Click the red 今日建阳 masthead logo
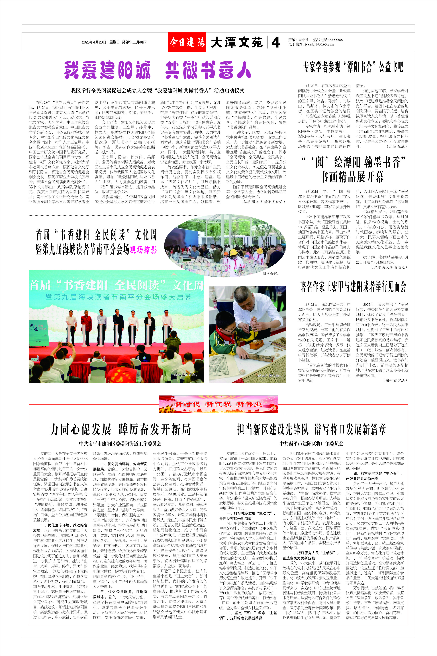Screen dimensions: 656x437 pyautogui.click(x=187, y=42)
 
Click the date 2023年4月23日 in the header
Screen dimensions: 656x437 pyautogui.click(x=94, y=42)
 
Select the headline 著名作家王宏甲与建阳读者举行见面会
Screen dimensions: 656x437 pyautogui.click(x=353, y=286)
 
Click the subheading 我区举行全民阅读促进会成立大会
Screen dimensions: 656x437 pyautogui.click(x=157, y=90)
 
